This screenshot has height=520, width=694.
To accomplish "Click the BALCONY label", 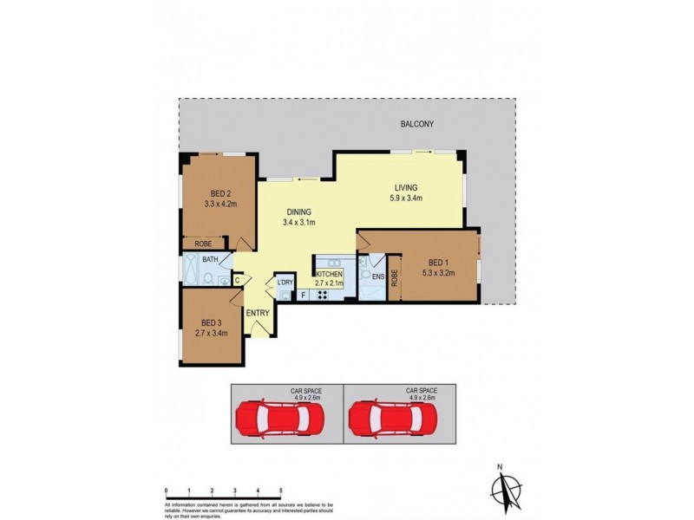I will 417,124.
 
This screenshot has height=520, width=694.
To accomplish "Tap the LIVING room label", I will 406,187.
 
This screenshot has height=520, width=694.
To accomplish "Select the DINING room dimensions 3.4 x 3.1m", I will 298,223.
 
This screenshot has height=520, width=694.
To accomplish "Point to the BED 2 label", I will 219,193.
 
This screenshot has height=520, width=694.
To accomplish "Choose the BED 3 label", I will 212,320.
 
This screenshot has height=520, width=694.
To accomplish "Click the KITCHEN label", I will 329,273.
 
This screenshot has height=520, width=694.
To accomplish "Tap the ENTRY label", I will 258,313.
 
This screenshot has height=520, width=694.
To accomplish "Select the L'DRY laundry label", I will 285,283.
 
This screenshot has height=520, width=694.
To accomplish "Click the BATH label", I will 210,259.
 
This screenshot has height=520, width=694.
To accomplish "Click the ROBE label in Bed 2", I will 203,244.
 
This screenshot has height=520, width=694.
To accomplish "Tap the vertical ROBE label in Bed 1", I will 394,278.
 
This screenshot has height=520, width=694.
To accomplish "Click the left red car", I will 280,419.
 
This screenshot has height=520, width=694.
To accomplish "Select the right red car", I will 393,419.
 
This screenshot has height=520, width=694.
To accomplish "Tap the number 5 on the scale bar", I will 280,491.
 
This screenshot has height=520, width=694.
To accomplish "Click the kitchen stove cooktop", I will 321,295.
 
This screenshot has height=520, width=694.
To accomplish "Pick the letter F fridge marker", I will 303,296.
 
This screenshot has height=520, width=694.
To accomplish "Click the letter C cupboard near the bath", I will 237,279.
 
